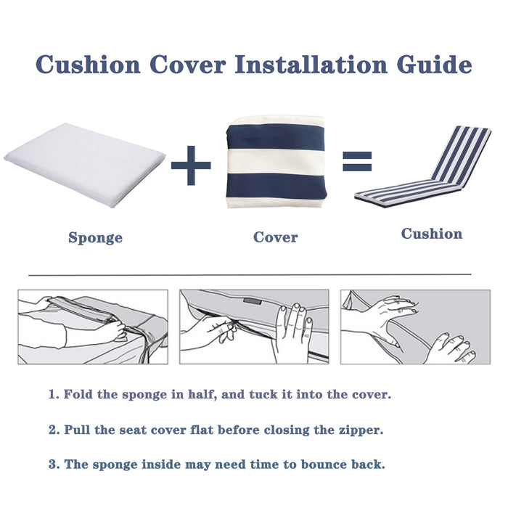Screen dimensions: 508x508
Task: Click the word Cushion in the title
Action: tap(89, 64)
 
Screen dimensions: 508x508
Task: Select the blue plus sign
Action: tap(191, 165)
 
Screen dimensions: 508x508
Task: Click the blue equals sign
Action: tap(356, 163)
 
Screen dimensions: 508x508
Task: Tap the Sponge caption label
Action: tap(95, 238)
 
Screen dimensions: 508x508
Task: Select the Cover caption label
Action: tap(275, 237)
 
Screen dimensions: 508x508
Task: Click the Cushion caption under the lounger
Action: tap(432, 234)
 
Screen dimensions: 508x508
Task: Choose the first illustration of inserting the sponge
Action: tap(92, 327)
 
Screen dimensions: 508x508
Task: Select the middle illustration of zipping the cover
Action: tap(253, 327)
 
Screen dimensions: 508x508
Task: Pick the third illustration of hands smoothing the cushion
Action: tap(415, 327)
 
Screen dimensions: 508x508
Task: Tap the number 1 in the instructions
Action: tap(52, 395)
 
